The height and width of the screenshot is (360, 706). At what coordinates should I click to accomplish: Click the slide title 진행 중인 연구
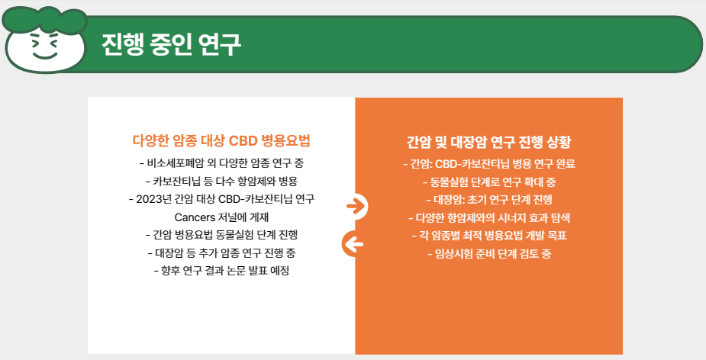click(x=171, y=45)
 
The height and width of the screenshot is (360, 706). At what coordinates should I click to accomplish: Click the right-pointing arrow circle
click(x=355, y=205)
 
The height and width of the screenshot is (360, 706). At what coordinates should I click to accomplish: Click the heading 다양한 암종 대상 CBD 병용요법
click(x=221, y=141)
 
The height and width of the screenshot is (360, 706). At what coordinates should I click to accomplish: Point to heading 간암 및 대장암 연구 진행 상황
click(x=488, y=142)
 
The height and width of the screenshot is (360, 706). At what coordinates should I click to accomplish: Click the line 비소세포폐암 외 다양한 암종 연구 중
click(x=221, y=162)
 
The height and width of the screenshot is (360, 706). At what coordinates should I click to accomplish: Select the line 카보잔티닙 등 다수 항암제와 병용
click(x=221, y=181)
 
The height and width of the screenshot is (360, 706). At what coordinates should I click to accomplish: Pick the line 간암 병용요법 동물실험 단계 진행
click(x=221, y=234)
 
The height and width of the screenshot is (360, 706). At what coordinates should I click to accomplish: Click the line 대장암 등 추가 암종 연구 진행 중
click(x=221, y=252)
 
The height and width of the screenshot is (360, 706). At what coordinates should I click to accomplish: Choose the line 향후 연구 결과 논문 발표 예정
click(x=221, y=271)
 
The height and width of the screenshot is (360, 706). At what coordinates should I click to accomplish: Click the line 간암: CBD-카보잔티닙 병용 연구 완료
click(x=488, y=163)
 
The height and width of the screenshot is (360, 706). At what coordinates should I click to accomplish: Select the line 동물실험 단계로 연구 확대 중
click(x=488, y=182)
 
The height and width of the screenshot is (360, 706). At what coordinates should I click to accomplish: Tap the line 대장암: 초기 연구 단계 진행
click(x=488, y=199)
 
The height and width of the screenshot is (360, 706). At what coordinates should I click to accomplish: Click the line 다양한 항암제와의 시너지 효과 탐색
click(x=488, y=217)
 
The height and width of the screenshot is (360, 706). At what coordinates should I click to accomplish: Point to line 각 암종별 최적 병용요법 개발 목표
click(x=488, y=235)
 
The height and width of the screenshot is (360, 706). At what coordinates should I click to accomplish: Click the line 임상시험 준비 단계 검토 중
click(x=488, y=253)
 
